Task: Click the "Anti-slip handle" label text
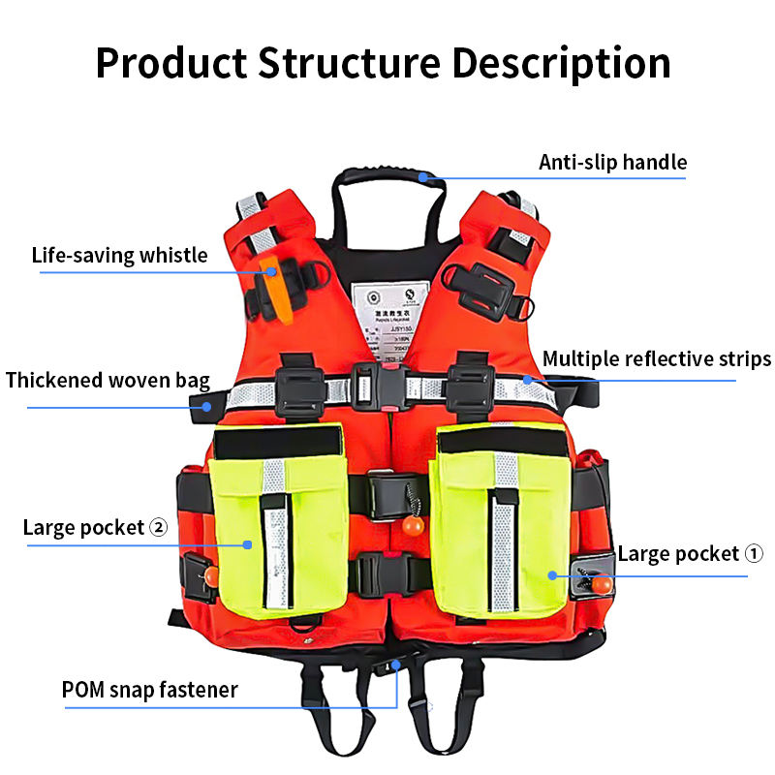612,162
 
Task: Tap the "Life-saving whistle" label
119,256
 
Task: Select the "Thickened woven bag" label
108,380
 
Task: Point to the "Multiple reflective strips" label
656,359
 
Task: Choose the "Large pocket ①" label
691,554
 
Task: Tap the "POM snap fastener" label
149,690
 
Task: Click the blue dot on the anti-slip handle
423,176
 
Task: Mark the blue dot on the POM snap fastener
396,665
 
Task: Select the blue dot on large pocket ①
552,575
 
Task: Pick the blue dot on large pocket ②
249,545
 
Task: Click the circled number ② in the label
159,528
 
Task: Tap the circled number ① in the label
754,554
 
